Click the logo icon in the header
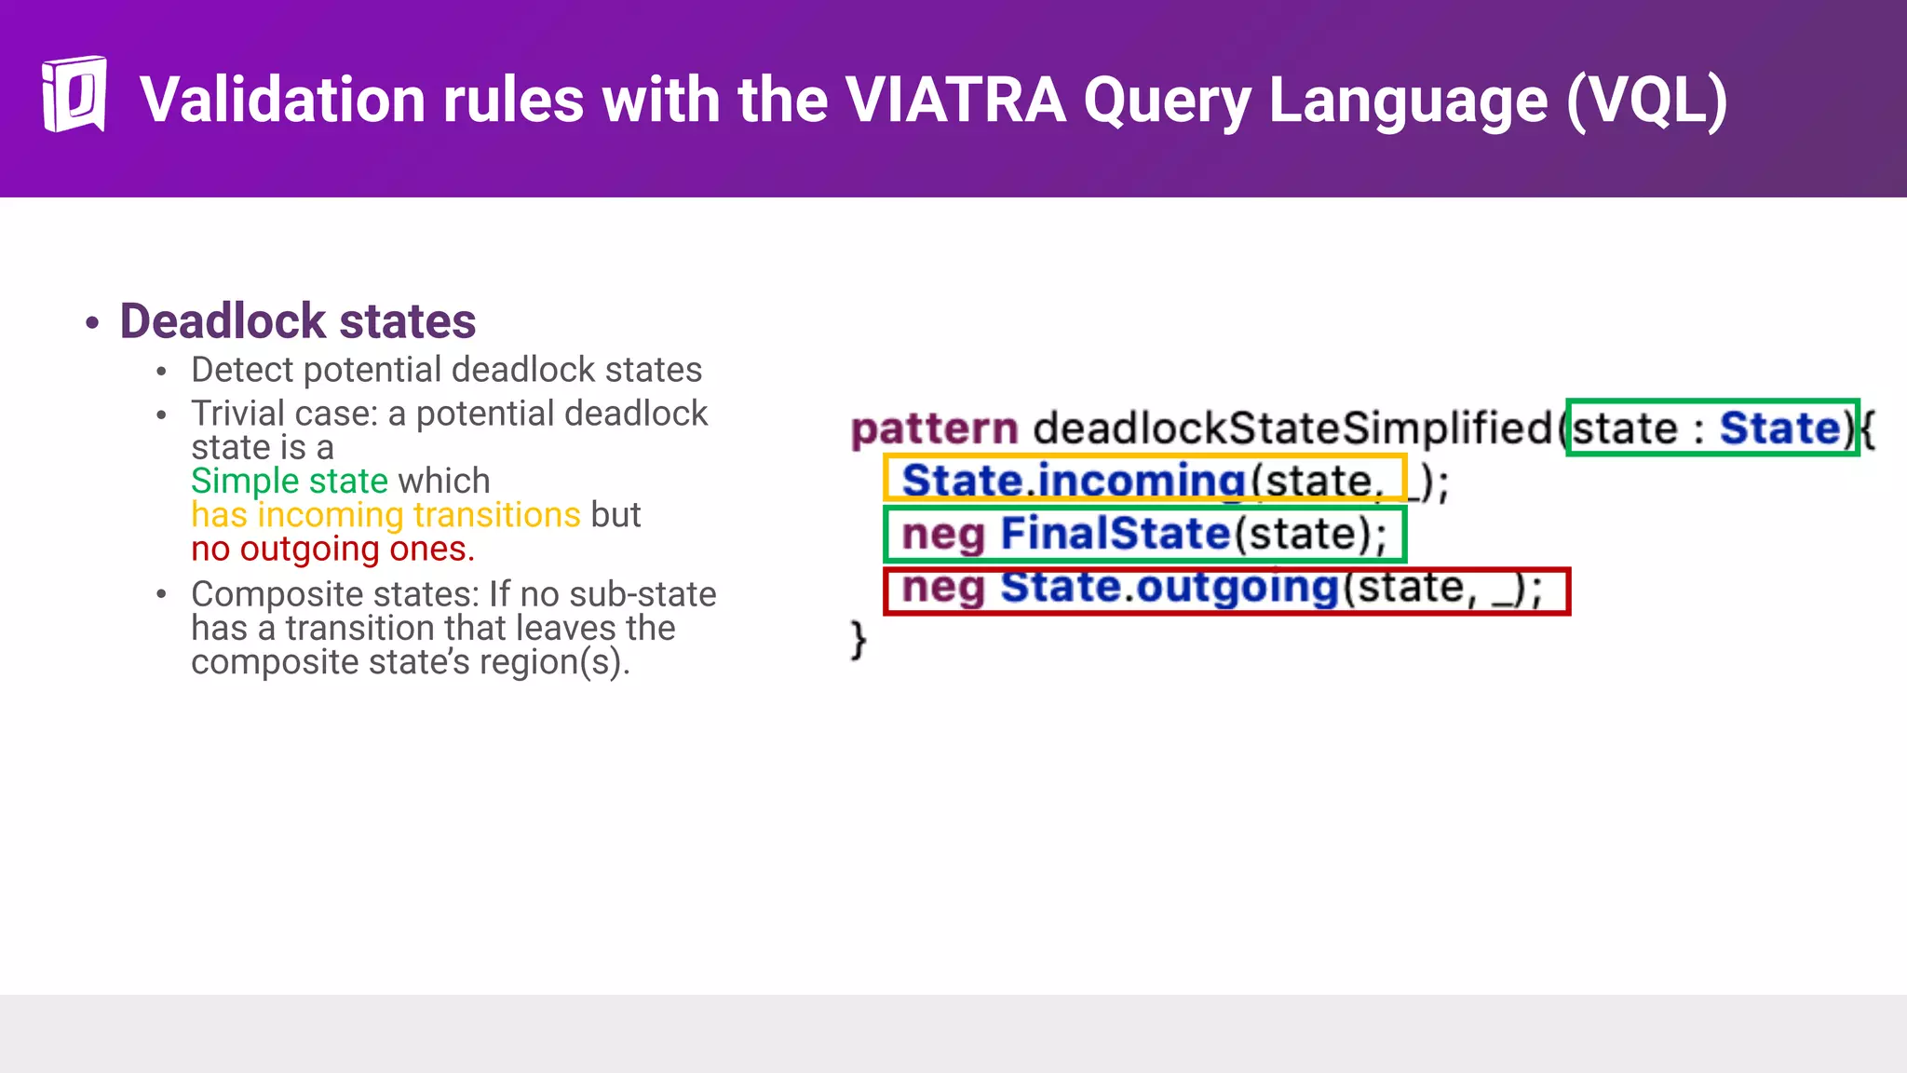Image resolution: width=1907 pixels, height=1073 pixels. (74, 94)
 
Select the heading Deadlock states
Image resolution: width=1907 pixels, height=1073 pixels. (297, 321)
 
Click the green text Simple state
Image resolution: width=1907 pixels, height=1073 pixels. (289, 481)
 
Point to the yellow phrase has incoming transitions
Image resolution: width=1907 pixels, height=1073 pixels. (385, 515)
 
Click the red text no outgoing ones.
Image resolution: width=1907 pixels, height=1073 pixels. (332, 550)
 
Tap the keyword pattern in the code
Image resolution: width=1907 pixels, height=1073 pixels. (934, 429)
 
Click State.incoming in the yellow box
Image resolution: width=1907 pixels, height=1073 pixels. (1073, 481)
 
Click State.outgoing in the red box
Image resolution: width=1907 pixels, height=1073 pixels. (1169, 588)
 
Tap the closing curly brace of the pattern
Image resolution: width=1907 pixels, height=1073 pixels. (858, 640)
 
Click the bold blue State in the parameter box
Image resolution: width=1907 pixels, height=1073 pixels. (1779, 428)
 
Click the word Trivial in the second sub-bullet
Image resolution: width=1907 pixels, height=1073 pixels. (237, 414)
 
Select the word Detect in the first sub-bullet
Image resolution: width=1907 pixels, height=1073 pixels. (242, 370)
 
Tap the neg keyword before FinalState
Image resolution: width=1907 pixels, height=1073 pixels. (942, 535)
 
